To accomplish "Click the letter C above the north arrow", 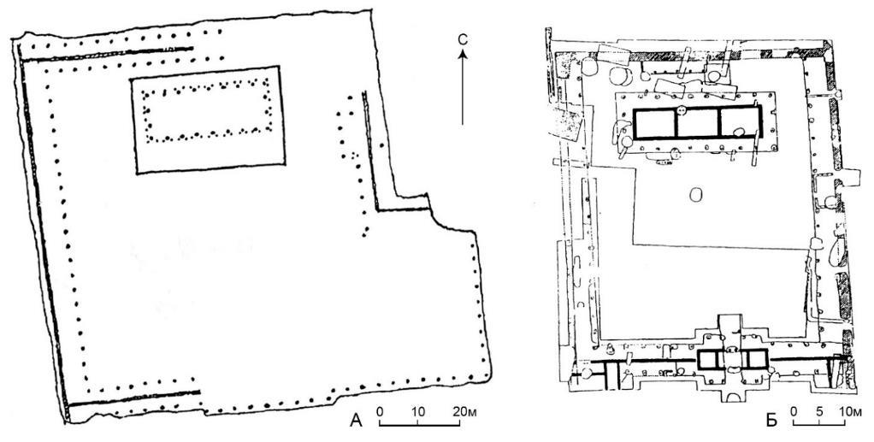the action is tap(462, 39).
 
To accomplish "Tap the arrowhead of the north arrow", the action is tap(462, 53).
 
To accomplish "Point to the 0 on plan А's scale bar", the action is tap(380, 412).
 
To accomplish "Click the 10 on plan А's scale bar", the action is tap(418, 412).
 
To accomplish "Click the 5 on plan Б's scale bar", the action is tap(819, 412).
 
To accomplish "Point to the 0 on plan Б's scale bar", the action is tap(794, 412).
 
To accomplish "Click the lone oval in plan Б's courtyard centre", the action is tap(695, 195).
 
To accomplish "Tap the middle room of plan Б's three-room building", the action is tap(697, 122).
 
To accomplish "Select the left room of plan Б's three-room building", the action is tap(654, 122).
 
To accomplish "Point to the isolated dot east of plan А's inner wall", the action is tap(381, 146).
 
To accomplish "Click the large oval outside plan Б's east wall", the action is tap(837, 252).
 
